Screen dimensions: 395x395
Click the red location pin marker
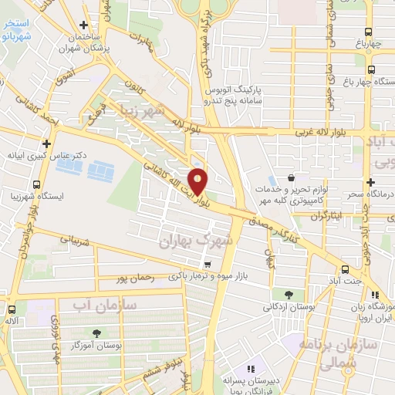[198, 181]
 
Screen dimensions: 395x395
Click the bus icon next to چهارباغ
[369, 32]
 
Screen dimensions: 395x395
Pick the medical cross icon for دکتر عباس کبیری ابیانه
[48, 143]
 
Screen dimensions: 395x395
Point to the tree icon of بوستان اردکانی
[288, 294]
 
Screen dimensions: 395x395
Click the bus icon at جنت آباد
[345, 270]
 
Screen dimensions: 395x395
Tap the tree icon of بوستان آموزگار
[84, 333]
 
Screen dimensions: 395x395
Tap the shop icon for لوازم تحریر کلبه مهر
[290, 177]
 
